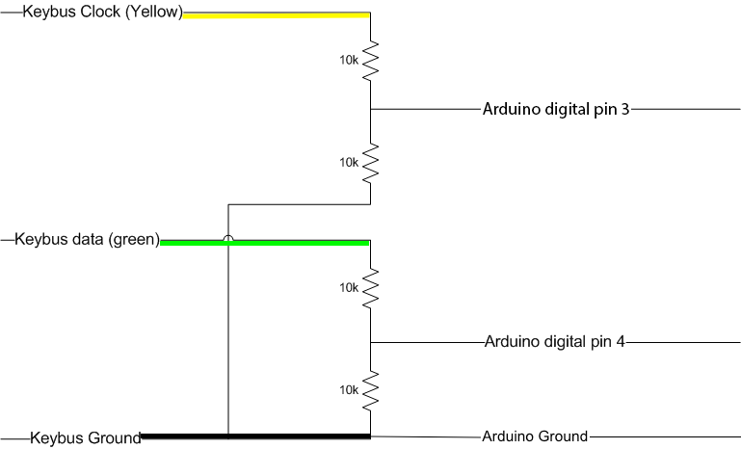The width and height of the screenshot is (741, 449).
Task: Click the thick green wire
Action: [x=289, y=242]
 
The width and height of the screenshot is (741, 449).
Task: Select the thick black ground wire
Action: [x=255, y=436]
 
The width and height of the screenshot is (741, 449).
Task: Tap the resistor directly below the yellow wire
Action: [x=371, y=60]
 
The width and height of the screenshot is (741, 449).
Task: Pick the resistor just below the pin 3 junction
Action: [x=371, y=162]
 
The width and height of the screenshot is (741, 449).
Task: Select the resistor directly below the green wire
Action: [x=371, y=287]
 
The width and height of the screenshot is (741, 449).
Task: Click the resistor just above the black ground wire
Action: [x=371, y=389]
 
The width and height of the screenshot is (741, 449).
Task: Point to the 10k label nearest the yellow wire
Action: [x=349, y=60]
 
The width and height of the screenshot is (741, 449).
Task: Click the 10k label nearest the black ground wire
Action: [x=349, y=389]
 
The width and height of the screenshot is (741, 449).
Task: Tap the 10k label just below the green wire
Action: [x=349, y=287]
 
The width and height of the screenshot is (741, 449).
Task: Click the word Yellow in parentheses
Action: [x=149, y=13]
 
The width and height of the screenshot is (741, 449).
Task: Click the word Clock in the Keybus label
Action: [x=90, y=13]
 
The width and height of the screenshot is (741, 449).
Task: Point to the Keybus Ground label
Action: [x=86, y=437]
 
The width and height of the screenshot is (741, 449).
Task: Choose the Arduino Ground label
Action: [x=534, y=436]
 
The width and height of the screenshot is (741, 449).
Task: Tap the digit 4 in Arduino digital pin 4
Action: [x=622, y=341]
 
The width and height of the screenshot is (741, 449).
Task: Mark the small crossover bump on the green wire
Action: [x=228, y=239]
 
